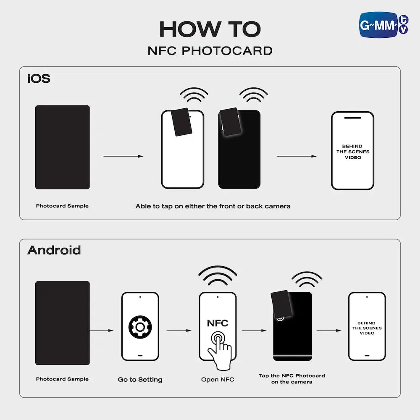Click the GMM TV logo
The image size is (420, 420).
383,25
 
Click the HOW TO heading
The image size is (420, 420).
210,29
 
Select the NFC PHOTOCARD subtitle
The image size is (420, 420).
210,51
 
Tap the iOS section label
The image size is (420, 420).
39,79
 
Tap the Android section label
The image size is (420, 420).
54,250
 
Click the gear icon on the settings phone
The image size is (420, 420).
140,327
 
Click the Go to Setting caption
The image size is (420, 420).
140,380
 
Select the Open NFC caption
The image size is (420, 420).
218,379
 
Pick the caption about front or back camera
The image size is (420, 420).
213,206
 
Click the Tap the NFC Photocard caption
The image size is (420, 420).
292,379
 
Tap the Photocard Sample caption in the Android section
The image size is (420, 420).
62,379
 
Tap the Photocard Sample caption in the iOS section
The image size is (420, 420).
62,206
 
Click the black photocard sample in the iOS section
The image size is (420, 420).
63,147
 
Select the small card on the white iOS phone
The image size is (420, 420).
181,122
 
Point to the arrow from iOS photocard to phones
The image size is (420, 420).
123,156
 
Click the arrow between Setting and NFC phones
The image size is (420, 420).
179,331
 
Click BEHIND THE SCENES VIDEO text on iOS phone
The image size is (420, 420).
353,152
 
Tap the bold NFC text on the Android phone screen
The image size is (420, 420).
218,323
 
